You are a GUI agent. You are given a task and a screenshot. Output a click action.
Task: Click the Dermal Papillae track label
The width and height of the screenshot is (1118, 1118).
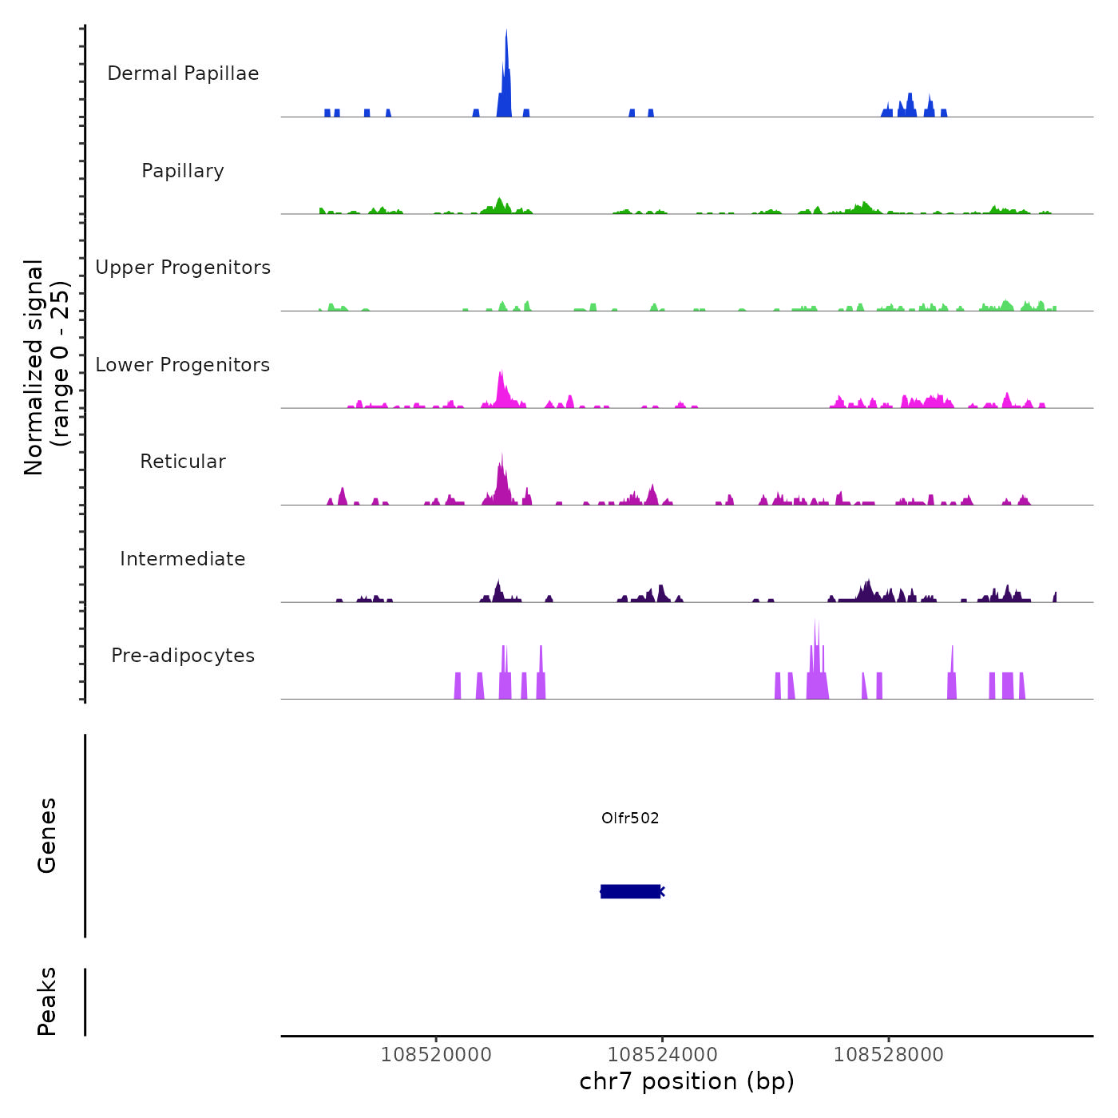pos(183,73)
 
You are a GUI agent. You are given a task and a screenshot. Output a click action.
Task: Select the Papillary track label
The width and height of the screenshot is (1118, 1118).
pos(183,171)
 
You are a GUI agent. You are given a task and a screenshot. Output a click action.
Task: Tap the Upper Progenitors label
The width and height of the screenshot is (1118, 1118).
pos(183,268)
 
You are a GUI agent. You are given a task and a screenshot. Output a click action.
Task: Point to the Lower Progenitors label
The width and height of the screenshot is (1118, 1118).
pos(183,365)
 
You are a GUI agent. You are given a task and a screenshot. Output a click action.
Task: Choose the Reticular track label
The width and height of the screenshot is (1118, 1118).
pos(183,462)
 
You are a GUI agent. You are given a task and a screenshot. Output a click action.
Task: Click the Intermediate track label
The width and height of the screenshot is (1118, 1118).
pos(183,559)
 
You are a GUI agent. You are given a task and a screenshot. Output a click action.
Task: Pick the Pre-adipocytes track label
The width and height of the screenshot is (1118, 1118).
pos(183,656)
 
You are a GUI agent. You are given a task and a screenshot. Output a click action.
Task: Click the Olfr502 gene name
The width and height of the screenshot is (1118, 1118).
pos(630,818)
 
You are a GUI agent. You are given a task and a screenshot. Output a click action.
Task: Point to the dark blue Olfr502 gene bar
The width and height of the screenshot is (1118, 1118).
pos(630,891)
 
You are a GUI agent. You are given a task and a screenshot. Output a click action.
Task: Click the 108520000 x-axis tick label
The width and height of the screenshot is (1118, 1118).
pos(436,1054)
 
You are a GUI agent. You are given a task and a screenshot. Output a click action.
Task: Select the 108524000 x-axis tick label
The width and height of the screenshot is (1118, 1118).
pos(662,1054)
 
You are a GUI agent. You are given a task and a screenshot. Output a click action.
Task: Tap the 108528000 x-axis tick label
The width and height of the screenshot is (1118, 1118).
pos(888,1054)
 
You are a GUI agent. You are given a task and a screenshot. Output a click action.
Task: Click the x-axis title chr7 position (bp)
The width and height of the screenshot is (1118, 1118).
pos(687,1081)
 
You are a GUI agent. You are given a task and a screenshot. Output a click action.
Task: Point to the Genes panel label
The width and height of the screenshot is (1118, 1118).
pos(47,835)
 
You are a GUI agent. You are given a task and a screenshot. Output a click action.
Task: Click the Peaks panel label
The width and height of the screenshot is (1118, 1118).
pos(47,1001)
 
